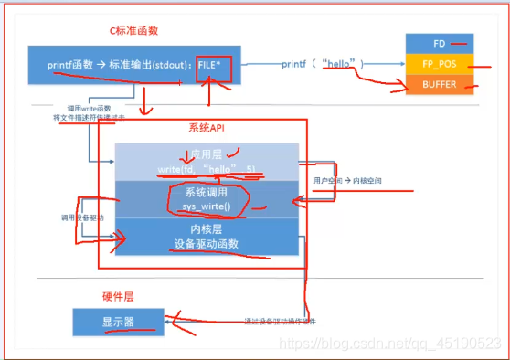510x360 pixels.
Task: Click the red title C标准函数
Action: tap(134, 30)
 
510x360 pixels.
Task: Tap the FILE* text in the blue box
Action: tap(216, 65)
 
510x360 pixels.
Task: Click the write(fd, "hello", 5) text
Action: tap(206, 169)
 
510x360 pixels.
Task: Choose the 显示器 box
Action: tap(119, 322)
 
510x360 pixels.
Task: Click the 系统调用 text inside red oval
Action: tap(206, 194)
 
